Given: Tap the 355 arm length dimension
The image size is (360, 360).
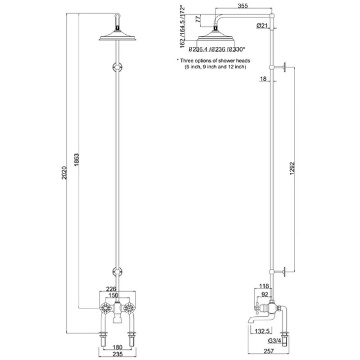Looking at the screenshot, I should point(243,5).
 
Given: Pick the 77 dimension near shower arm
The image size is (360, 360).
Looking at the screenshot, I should point(196,19).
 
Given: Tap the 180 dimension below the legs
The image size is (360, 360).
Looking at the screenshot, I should point(118,347).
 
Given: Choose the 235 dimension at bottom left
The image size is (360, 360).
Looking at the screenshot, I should point(118,354).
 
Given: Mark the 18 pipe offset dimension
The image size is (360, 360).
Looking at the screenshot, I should point(264,79).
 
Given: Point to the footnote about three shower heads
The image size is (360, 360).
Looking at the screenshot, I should point(213,63).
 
